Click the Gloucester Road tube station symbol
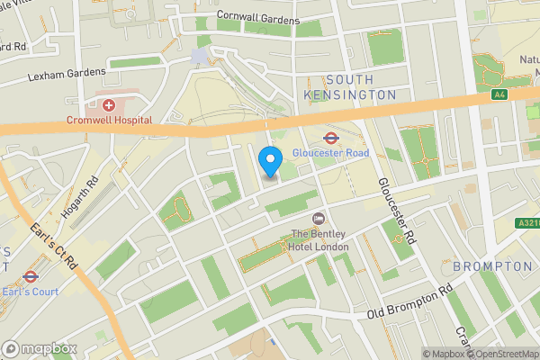[329, 138]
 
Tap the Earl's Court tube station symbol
[30, 277]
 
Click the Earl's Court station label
[30, 292]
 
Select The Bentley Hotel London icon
[318, 220]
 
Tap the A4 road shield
[499, 94]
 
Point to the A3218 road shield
[527, 222]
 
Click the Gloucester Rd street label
[396, 211]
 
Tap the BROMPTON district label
[492, 267]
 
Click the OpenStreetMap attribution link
[503, 354]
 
